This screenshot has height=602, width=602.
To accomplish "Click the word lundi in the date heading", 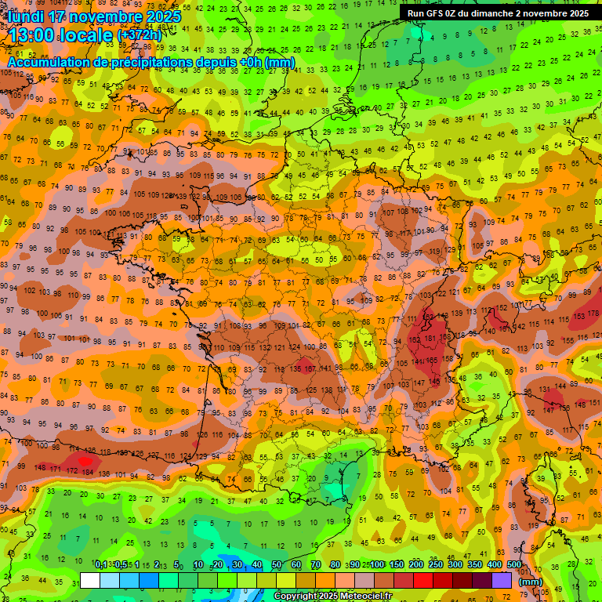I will pos(27,16).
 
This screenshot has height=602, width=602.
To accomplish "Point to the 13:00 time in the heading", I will pos(33,34).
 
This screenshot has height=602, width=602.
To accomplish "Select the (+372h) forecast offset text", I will pos(139,35).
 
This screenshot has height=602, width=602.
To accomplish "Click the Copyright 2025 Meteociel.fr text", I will pos(333,596).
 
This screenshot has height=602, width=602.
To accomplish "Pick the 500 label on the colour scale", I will pos(513,565).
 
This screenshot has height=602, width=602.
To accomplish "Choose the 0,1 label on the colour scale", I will pos(101,565).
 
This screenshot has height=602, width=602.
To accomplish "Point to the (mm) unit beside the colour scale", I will pos(531,582).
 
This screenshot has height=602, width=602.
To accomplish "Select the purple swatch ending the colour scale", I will pos(502,581).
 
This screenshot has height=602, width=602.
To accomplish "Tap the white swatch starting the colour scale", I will pos(90,581).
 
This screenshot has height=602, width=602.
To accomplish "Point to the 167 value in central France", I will pos(310,368).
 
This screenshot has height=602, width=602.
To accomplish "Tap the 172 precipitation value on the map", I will pos(72,472).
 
